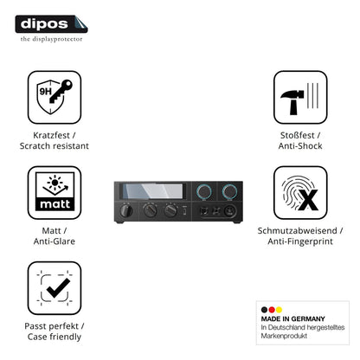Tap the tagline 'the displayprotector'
pos(51,39)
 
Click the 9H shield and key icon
pos(55,97)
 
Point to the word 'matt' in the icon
pos(55,204)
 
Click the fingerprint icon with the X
pos(300,193)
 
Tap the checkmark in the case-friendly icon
pos(58,288)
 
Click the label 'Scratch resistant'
pos(55,146)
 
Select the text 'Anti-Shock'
pos(300,146)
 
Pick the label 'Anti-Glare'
pos(55,241)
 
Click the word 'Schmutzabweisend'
pos(297,231)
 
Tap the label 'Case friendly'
pos(55,337)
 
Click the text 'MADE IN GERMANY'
pos(292,318)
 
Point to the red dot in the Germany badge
pos(272,310)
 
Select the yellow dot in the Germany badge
pos(279,310)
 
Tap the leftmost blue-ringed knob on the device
pos(204,191)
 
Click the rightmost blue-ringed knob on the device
pos(229,191)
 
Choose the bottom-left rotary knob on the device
pos(125,210)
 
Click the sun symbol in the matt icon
pos(55,183)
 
